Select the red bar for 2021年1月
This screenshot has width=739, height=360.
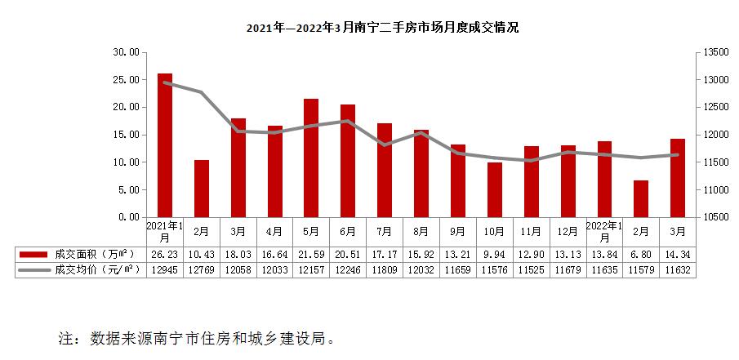point(165,145)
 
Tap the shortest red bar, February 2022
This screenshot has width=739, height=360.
point(641,199)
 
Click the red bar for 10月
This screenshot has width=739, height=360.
point(495,190)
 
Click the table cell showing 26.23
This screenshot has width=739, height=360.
point(164,254)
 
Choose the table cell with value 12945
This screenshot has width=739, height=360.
point(164,269)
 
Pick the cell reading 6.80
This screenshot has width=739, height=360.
point(641,254)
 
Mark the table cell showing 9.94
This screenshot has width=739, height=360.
point(495,254)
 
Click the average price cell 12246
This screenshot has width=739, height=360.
point(348,269)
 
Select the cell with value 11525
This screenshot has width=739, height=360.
point(531,269)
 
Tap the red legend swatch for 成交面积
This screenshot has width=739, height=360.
point(33,254)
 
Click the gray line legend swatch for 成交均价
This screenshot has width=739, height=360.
point(33,269)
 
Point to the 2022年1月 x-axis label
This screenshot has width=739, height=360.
point(604,231)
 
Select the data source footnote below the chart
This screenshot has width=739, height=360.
point(197,338)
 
